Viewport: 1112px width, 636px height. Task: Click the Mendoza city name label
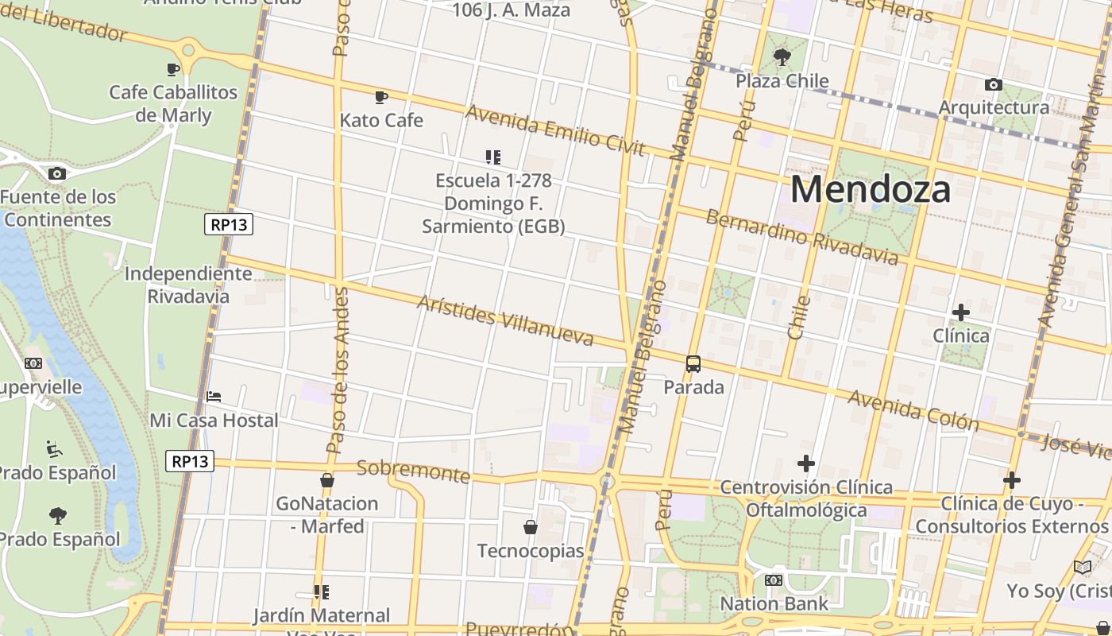(x=871, y=190)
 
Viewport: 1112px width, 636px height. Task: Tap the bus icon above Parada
(x=693, y=364)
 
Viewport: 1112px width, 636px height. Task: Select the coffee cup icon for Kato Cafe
(x=381, y=97)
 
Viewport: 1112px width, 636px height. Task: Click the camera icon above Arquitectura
(x=994, y=84)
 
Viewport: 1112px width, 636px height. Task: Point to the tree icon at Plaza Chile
(x=782, y=57)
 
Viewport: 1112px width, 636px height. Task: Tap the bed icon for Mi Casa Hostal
(x=214, y=396)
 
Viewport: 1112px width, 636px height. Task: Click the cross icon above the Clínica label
(x=961, y=312)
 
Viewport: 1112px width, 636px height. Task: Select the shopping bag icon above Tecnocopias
(x=531, y=527)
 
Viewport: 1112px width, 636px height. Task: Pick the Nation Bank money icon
(x=774, y=580)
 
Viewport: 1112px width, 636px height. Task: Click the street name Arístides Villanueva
(x=505, y=321)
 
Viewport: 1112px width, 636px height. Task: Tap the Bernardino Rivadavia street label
(x=802, y=237)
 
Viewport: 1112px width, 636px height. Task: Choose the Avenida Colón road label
(x=913, y=409)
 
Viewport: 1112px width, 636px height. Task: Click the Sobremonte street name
(x=413, y=471)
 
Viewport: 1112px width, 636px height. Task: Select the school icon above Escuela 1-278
(x=493, y=157)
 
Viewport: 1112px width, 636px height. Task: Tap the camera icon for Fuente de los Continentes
(x=56, y=173)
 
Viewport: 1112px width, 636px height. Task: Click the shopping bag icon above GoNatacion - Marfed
(x=327, y=480)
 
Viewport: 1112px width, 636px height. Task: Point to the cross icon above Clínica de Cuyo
(x=1012, y=480)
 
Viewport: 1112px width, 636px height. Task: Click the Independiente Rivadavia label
(x=188, y=285)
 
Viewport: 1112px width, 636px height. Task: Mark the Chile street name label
(x=799, y=317)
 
